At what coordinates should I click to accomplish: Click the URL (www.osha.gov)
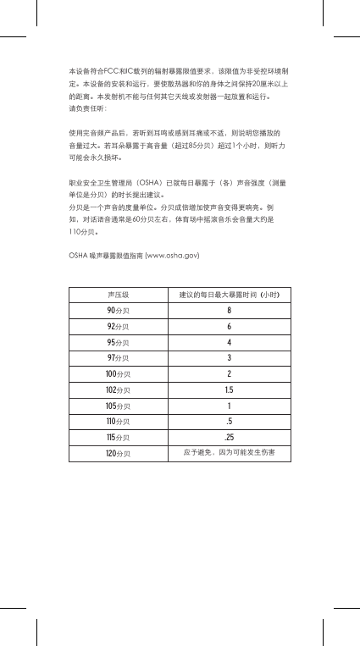172,254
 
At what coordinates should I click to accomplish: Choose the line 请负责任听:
87,108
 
